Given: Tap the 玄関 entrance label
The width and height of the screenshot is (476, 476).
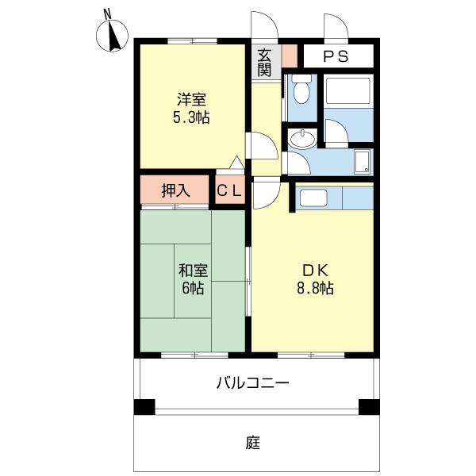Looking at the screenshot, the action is pos(264,63).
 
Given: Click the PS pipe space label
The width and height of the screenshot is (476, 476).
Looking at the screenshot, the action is pos(336,56).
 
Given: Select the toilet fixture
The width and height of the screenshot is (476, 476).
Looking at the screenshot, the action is pos(301,88).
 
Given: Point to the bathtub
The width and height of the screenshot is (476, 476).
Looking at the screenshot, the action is pos(348,90).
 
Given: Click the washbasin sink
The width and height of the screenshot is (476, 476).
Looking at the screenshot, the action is pos(302,140).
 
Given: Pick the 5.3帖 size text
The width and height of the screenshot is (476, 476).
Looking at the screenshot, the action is pos(191,117).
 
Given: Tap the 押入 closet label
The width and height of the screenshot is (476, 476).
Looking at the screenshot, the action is pos(175,190).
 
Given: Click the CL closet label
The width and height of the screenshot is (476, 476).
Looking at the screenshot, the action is pos(229,191).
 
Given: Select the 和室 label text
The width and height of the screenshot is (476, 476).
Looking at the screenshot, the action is pos(193,271).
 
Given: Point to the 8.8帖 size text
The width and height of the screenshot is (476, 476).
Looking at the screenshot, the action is pos(316,288).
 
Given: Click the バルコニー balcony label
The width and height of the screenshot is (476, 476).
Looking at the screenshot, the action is pos(252,383).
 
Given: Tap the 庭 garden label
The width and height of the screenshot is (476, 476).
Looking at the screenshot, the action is pos(253,443).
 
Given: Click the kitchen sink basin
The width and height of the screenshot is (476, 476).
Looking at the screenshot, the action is pos(313,198).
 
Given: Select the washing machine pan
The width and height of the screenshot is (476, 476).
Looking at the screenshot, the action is pos(363,162).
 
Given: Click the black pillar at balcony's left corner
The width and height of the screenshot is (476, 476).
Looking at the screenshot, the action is pos(144,407).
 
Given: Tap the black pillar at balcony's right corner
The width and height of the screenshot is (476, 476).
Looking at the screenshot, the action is pos(369,407).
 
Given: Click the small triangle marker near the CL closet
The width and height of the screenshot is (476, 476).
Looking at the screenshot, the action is pos(236,163).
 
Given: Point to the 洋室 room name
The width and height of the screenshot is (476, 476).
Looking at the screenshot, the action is pos(191,99).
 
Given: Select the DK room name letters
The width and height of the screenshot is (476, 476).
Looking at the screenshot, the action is pos(316,271).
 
